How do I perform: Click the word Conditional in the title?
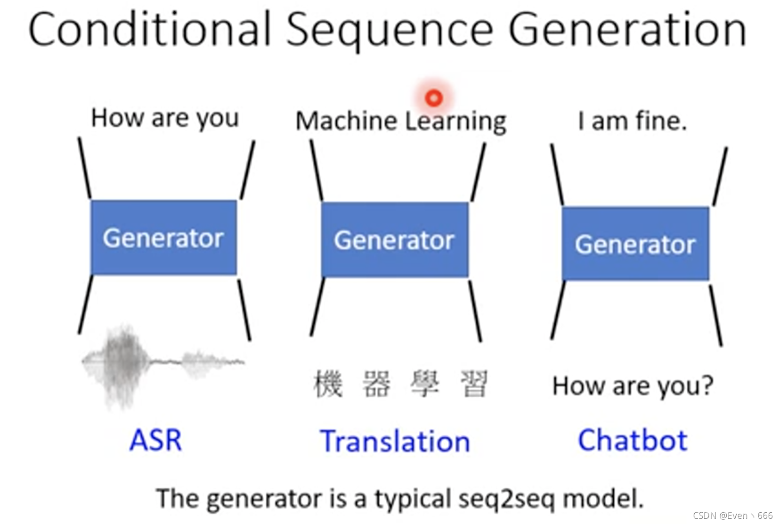click(150, 29)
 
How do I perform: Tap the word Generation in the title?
click(627, 29)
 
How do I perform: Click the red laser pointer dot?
click(433, 98)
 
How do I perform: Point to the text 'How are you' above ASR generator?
click(165, 118)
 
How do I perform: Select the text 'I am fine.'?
click(632, 121)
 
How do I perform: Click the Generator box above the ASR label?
click(163, 237)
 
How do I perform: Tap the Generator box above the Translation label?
click(395, 240)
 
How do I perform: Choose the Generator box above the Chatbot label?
click(635, 244)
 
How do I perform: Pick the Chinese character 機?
click(328, 384)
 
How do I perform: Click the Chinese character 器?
click(376, 384)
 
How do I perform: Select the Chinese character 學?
click(425, 384)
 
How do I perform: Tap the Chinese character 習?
click(474, 384)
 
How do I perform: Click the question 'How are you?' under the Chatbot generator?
click(633, 386)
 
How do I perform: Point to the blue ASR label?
click(155, 440)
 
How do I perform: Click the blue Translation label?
click(395, 442)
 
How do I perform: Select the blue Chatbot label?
click(632, 440)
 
